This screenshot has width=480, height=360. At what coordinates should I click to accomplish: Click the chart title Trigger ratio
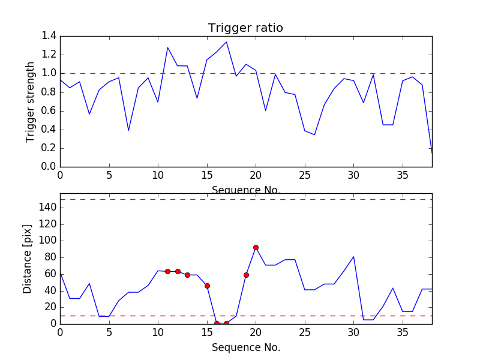pos(245,28)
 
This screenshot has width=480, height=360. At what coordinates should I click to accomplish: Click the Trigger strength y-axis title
pos(31,101)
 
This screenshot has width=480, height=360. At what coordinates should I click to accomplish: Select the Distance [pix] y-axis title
pos(28,259)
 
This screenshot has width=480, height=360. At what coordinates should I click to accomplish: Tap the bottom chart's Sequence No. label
pos(246,347)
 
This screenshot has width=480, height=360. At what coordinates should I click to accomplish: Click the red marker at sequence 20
pos(256,247)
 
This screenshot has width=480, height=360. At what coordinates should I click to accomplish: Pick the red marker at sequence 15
pos(207,286)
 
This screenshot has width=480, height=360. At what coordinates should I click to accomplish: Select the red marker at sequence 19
pos(246,275)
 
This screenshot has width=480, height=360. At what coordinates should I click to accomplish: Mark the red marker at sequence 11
pos(167,271)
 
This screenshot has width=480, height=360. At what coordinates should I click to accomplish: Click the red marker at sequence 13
pos(187,275)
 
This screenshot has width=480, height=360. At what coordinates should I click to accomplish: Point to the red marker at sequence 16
pos(217,323)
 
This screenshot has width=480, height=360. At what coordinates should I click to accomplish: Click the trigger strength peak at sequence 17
pos(226,42)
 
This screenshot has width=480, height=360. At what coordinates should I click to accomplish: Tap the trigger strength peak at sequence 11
pos(167,47)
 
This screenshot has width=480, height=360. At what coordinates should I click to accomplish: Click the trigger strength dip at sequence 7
pos(128,130)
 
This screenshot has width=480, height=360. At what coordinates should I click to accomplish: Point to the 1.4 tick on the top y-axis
pos(49,36)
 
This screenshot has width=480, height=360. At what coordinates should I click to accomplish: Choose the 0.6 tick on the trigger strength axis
pos(49,111)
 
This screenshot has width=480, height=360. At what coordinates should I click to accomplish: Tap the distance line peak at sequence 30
pos(354,257)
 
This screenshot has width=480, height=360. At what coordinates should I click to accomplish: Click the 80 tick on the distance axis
pos(49,257)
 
